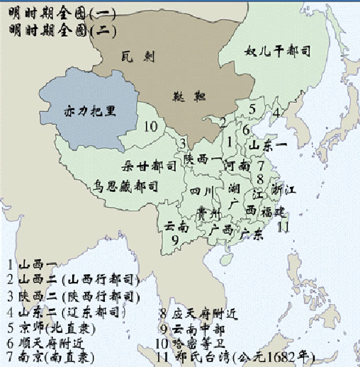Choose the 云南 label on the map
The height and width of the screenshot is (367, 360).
coord(176,225)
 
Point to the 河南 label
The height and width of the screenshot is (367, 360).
coord(235,166)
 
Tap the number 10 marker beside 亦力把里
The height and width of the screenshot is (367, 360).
coord(150,127)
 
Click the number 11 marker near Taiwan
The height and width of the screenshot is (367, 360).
coord(283,227)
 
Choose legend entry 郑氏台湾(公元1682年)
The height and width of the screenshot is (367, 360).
coord(237,356)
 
